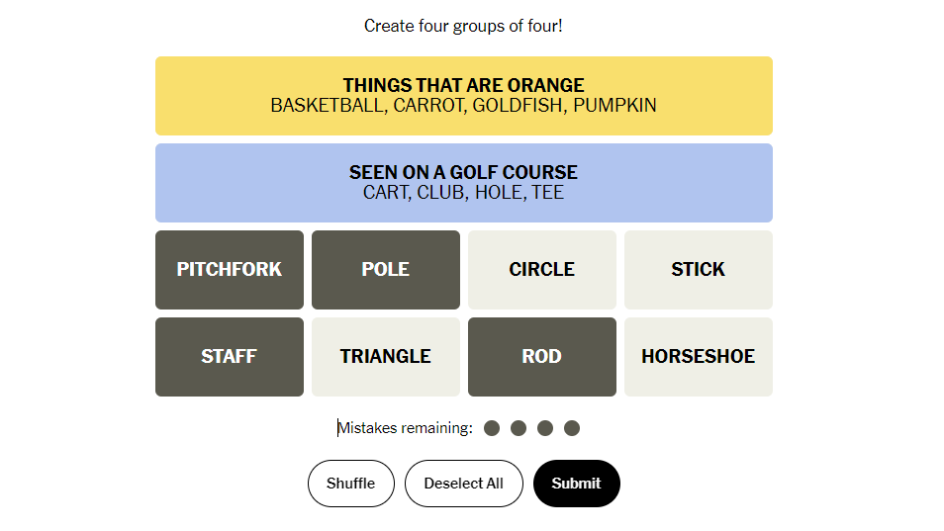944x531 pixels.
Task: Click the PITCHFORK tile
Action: [x=230, y=269]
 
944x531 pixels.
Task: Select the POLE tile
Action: [x=386, y=269]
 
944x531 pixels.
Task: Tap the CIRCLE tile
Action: [x=542, y=269]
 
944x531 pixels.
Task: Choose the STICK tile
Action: [x=699, y=269]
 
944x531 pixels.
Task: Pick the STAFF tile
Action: [x=230, y=357]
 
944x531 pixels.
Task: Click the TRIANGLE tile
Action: [x=386, y=357]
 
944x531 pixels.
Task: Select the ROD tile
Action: [x=542, y=357]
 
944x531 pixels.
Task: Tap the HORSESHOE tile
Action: [x=699, y=357]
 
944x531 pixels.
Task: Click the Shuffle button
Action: [x=351, y=484]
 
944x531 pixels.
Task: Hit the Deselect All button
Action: [x=463, y=484]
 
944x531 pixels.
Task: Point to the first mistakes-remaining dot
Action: [x=492, y=428]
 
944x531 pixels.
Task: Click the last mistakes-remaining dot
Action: [x=572, y=428]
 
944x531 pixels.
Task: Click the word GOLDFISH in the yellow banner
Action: [x=519, y=105]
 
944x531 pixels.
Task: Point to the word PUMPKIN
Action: [x=614, y=105]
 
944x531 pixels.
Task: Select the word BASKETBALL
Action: [x=329, y=105]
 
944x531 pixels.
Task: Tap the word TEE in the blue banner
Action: [x=548, y=193]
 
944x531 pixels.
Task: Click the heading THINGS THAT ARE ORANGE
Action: [x=463, y=85]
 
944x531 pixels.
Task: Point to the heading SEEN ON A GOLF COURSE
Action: [x=463, y=173]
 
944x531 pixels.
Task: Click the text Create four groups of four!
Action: [x=463, y=26]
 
